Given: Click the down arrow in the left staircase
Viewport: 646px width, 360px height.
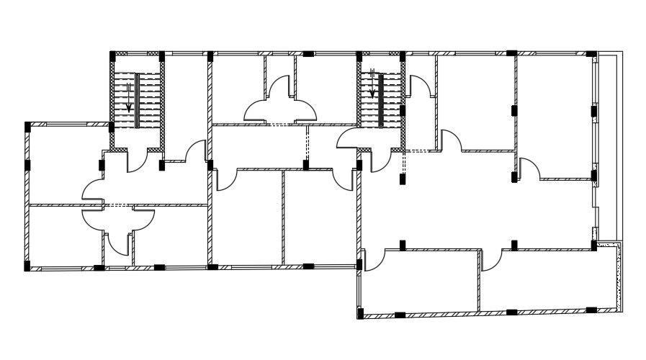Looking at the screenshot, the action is (x=128, y=96).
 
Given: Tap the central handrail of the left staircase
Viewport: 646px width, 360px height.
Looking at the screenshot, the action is (x=136, y=100).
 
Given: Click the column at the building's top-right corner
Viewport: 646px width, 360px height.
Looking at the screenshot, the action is (x=591, y=54).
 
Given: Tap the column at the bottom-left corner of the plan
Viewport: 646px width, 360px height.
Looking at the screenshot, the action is (x=27, y=266).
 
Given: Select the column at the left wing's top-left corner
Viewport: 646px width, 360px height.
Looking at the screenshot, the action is (x=27, y=126).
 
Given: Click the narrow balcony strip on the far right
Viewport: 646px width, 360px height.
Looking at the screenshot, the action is (x=608, y=144).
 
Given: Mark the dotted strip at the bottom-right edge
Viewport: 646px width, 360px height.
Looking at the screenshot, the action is (x=617, y=277).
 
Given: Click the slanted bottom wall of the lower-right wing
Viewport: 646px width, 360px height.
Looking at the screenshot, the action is (x=490, y=313).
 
